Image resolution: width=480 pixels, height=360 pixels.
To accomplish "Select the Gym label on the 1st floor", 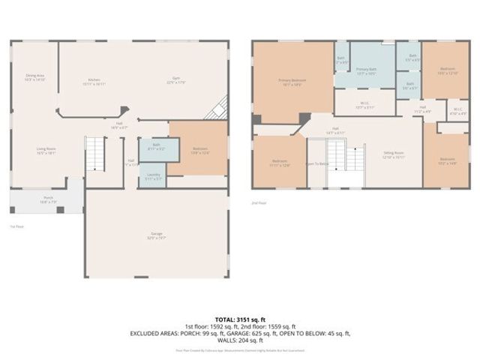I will point(176,80).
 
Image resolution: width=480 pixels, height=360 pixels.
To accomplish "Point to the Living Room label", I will point(46,150).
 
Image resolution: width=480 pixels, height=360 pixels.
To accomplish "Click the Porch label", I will point(47,200).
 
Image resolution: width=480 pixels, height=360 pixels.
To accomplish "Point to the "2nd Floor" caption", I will point(259,202).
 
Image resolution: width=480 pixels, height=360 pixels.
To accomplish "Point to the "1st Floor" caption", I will point(17,226).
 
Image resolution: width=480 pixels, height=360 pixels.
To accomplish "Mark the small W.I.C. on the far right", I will point(457,112).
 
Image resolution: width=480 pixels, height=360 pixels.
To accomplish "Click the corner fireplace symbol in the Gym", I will point(218,109).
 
